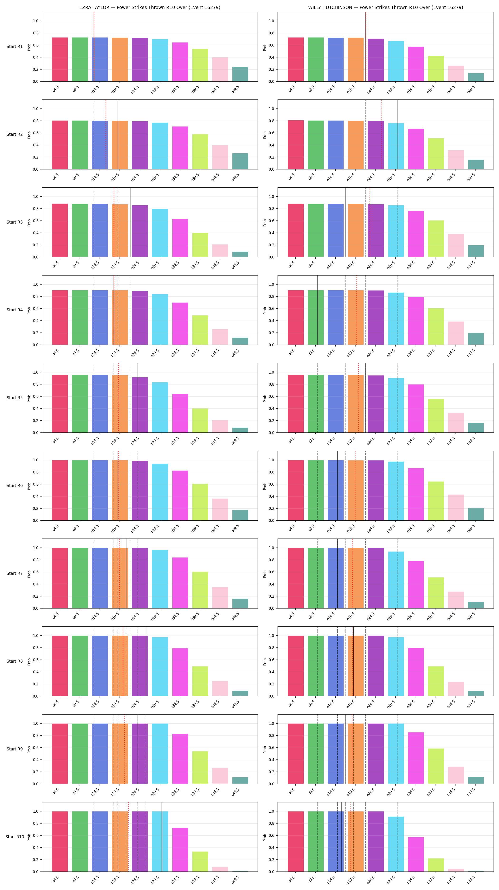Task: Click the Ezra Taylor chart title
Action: (150, 7)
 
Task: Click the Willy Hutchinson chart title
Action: (386, 7)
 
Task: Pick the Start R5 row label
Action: (14, 398)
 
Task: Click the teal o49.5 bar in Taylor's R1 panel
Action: (240, 74)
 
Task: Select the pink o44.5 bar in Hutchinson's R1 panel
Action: (456, 74)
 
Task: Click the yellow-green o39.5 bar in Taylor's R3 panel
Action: (200, 245)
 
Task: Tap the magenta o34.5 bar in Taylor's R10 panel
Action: (180, 850)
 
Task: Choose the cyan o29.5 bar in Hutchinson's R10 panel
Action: (396, 844)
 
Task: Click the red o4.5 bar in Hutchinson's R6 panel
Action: (296, 490)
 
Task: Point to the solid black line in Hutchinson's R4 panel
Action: (318, 310)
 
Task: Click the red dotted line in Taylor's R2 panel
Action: (106, 134)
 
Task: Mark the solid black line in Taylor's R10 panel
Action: (162, 837)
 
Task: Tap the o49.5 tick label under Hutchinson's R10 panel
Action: (471, 880)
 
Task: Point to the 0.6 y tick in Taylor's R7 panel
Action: (36, 572)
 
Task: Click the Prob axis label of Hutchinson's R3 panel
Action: (265, 222)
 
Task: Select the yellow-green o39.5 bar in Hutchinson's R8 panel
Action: (436, 681)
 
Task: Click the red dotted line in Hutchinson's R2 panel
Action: (382, 134)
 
